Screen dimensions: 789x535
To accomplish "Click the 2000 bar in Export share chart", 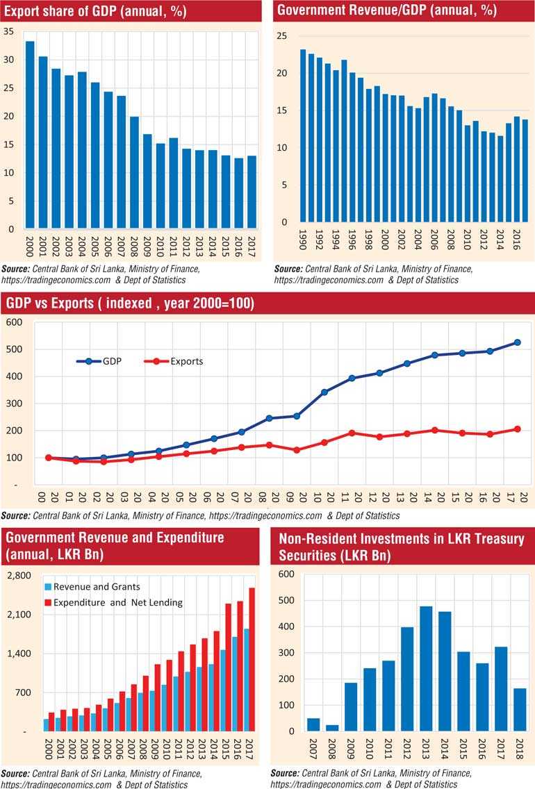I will pos(30,135).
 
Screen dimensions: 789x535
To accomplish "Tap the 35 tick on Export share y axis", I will pos(9,31).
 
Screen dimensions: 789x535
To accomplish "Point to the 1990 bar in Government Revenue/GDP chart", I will pos(303,136).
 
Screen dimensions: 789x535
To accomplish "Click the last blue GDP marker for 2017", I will pos(517,342).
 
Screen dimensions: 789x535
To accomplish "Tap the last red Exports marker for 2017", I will pos(517,429).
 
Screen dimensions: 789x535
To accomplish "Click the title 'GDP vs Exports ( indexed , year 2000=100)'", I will pos(131,304).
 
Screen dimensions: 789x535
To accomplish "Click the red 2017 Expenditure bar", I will pos(252,660).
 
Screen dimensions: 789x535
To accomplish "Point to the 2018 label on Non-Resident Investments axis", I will pos(518,751).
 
